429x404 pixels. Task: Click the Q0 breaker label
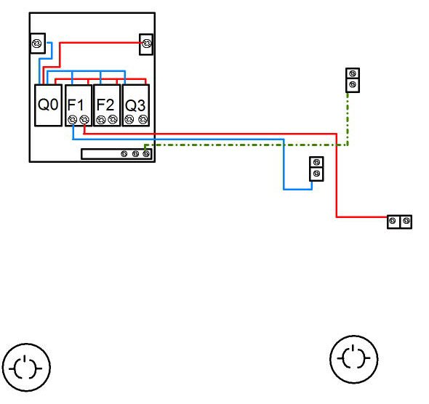[48, 104]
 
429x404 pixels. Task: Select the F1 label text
[76, 105]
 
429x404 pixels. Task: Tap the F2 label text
[105, 105]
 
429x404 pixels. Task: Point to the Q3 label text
[135, 105]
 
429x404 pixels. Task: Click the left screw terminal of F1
[72, 119]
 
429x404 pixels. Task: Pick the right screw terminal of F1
[84, 119]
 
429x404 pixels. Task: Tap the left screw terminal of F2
[100, 119]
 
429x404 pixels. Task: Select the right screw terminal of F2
[113, 119]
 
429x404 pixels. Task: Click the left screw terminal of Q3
[129, 119]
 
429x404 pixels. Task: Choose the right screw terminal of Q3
[143, 119]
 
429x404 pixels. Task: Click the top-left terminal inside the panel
[36, 44]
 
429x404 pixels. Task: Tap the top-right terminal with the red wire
[147, 44]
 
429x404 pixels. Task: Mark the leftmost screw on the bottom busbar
[124, 154]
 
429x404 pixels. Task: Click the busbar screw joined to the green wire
[146, 154]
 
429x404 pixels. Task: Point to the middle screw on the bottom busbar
[135, 154]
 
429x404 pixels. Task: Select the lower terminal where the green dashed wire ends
[353, 85]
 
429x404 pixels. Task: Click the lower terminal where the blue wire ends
[316, 174]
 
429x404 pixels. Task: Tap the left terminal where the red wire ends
[393, 221]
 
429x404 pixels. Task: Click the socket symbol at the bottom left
[26, 368]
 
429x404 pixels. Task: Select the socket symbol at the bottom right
[354, 360]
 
